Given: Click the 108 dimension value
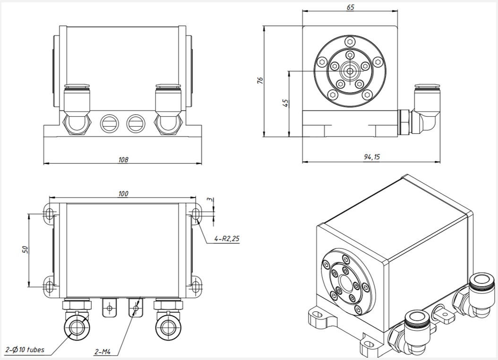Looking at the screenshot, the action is tap(123, 159).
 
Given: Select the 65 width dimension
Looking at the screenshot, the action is tap(350, 7).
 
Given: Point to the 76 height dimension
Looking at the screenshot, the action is tap(260, 80).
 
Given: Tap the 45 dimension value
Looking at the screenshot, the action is tap(285, 103).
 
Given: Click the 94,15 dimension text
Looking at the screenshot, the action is tap(371, 157).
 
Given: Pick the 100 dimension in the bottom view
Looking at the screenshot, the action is tap(123, 194).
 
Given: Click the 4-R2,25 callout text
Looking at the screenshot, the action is tap(226, 239).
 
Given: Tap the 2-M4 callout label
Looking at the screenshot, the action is tap(102, 352).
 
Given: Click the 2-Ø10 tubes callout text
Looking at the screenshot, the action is tap(25, 350).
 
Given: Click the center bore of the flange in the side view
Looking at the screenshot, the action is tap(350, 71).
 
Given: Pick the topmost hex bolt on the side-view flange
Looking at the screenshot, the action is tap(350, 42).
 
